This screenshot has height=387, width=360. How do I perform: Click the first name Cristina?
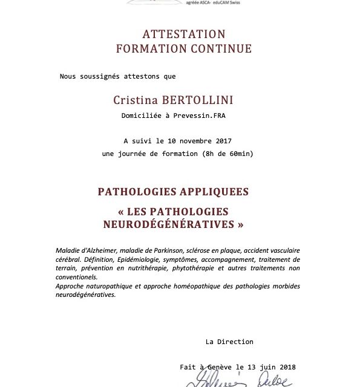click(x=134, y=99)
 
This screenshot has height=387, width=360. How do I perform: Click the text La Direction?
click(x=229, y=342)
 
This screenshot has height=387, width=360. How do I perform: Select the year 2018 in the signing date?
click(x=284, y=367)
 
